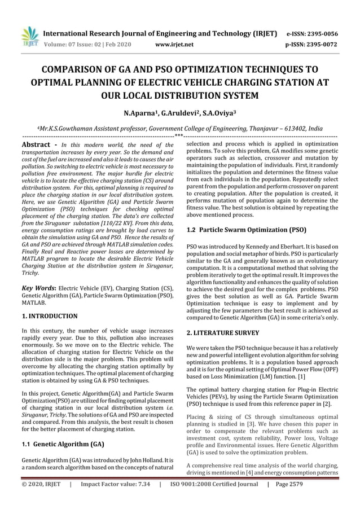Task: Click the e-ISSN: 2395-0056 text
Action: [313, 33]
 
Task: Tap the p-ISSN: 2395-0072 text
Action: [313, 44]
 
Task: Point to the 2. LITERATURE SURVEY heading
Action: [223, 332]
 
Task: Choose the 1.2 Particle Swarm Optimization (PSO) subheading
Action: [246, 230]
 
